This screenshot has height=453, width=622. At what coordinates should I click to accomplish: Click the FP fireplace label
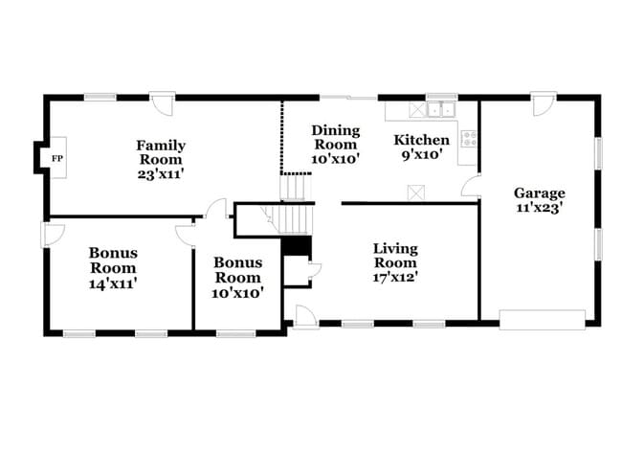[56, 158]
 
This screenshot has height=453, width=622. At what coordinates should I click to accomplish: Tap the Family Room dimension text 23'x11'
[161, 175]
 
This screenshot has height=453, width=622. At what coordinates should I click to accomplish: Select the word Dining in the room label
[336, 130]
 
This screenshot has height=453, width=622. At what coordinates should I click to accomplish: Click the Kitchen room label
[422, 140]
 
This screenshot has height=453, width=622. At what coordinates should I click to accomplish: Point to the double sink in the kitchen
[441, 109]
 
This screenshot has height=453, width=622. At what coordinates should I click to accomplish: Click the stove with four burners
[469, 139]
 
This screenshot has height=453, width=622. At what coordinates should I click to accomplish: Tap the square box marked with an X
[415, 193]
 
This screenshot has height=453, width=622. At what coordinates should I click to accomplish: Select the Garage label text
[539, 192]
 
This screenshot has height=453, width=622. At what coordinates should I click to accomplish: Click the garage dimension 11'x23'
[539, 206]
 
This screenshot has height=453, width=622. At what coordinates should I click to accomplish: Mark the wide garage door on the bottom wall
[542, 319]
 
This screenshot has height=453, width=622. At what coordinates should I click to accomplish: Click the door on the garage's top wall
[544, 103]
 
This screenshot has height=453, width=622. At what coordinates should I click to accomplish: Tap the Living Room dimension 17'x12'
[394, 278]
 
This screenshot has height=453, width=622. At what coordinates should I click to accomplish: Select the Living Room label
[394, 256]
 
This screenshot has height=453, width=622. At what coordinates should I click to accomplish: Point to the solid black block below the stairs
[297, 246]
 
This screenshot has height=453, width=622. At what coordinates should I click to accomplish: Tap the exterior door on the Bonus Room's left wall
[52, 234]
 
